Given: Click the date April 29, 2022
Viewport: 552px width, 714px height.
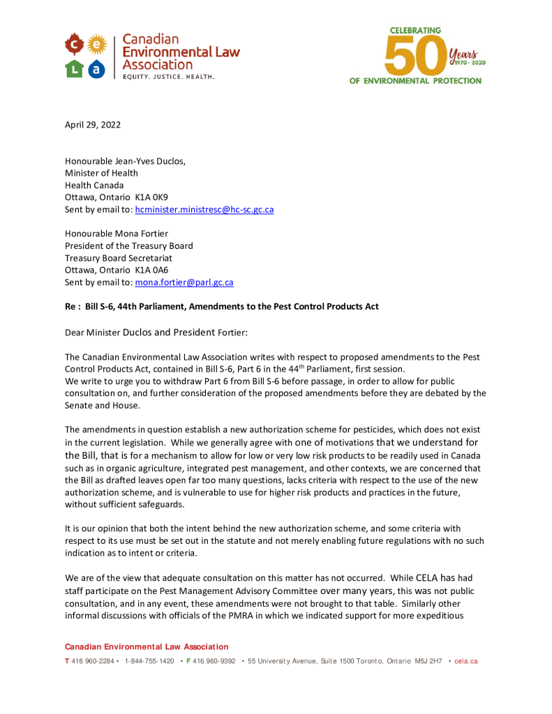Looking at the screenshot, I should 93,126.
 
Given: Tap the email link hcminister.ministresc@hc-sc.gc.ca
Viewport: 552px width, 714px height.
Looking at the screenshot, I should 204,209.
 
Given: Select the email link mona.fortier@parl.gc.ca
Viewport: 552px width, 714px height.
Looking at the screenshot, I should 184,282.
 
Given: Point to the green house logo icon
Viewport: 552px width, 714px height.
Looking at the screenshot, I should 74,68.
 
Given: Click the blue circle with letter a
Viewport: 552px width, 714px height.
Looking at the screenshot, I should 97,68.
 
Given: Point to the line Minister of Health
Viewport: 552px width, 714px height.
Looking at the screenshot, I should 101,173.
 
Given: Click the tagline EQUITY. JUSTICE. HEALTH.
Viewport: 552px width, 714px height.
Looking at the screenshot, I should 168,76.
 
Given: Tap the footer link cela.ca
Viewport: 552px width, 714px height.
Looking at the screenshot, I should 465,661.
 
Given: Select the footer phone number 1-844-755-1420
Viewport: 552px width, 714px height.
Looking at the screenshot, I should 149,661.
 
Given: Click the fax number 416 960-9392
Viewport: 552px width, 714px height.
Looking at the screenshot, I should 214,661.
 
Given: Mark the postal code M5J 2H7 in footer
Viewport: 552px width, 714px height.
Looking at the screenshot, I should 428,661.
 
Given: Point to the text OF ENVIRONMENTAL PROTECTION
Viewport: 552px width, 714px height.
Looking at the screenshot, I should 415,81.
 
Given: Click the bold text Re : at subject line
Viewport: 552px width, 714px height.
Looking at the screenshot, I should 73,307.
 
